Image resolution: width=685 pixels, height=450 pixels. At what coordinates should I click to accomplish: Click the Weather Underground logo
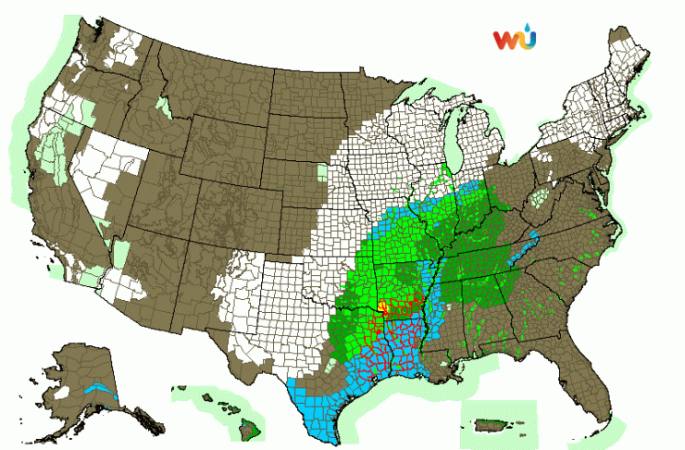click(x=514, y=40)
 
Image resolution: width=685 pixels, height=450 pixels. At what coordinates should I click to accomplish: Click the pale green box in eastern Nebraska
click(x=322, y=172)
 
